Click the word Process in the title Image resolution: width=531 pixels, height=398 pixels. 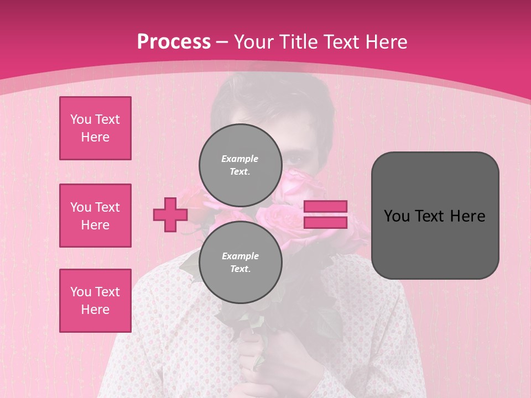(x=174, y=42)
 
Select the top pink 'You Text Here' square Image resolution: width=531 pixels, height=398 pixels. (x=95, y=128)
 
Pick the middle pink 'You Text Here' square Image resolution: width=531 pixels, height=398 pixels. (x=95, y=216)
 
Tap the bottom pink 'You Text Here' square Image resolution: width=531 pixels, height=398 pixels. (x=95, y=301)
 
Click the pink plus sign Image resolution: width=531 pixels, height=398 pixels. (x=170, y=214)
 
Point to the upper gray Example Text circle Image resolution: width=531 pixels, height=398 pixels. (x=240, y=165)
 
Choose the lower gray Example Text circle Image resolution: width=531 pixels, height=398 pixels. (x=240, y=262)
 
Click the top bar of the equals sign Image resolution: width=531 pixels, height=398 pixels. (x=325, y=207)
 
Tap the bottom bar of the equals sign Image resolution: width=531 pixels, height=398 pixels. (x=325, y=222)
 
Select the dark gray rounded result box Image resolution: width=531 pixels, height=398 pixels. (x=435, y=216)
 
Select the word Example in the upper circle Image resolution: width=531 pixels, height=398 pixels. (x=240, y=159)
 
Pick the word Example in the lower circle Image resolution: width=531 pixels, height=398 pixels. (x=240, y=256)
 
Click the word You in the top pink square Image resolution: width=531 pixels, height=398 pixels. (x=80, y=119)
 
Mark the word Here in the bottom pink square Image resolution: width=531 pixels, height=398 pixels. (x=95, y=310)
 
